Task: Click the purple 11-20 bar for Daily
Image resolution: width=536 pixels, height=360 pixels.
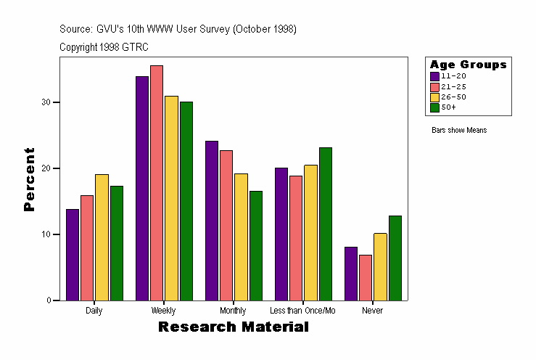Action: coord(72,255)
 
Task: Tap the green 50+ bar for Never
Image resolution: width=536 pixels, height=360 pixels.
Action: coord(395,258)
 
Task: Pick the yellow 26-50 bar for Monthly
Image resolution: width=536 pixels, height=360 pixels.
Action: coord(241,237)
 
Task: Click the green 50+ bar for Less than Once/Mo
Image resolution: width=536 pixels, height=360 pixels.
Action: coord(325,224)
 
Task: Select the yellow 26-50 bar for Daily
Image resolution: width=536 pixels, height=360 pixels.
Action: coord(102,237)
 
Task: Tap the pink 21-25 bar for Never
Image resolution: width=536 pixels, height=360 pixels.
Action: coord(366,277)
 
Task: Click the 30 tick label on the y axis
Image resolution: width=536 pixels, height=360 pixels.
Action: coord(46,102)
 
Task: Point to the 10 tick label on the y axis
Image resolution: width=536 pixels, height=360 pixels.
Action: coord(46,234)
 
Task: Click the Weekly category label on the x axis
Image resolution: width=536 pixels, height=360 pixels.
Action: coord(163,311)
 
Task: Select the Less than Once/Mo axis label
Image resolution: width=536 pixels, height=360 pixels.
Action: coord(303,311)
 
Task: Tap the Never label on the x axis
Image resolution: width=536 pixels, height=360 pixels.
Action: coord(373,311)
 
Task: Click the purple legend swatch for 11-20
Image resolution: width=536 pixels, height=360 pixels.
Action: coord(434,75)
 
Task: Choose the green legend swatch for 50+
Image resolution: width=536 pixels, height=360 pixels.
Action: coord(434,107)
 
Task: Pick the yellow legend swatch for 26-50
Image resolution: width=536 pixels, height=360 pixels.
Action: coord(434,97)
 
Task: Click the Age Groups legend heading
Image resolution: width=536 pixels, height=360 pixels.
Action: coord(468,65)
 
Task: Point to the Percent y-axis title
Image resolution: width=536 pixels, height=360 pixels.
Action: coord(29,179)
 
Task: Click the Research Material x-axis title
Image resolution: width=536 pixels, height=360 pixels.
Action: coord(233,327)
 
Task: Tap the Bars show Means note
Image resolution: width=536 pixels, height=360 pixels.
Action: coord(459,131)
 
